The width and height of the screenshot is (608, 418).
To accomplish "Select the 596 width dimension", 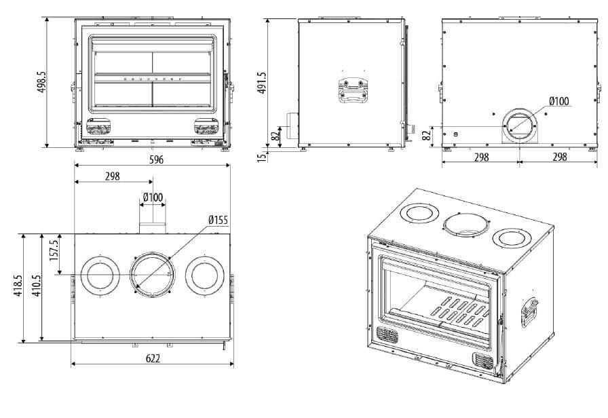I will tap(155, 161).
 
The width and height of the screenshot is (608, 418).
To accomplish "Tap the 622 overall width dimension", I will tap(153, 358).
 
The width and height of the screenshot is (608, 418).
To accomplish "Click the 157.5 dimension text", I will tap(54, 249).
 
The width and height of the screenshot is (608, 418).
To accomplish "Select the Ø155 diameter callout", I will tap(218, 220).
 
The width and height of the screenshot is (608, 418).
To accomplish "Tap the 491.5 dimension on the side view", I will tap(263, 83).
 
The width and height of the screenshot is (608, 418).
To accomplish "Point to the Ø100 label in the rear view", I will tap(559, 102).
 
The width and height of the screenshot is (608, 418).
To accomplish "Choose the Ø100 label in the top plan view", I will tap(153, 197).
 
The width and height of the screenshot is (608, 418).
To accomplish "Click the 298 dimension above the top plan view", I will tap(113, 176).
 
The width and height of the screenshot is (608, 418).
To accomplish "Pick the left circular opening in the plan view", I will tap(100, 275).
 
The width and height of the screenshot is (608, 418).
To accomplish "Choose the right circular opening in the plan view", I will tap(206, 275).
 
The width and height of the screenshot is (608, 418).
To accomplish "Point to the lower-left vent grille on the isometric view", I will tap(387, 335).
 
